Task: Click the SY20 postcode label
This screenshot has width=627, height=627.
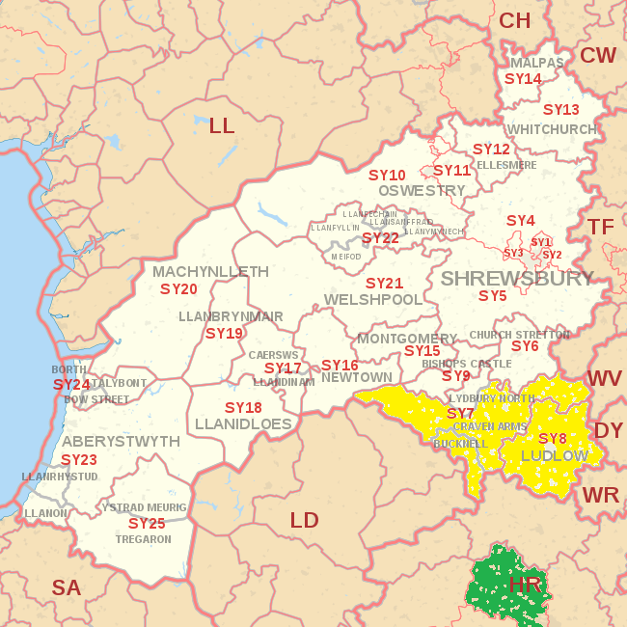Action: coord(178,288)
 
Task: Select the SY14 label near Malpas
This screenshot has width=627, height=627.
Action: coord(523,78)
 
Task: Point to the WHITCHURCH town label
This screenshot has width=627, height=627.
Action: coord(552,129)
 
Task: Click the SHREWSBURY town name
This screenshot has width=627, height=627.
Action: coord(517,279)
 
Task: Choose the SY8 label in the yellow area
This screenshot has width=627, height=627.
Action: coord(552,438)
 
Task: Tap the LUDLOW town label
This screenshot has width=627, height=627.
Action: coord(555,455)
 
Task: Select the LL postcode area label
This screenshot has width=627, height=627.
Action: coord(222,125)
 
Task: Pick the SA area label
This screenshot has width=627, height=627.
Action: coord(67,587)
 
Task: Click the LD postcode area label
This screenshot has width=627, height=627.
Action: coord(304,521)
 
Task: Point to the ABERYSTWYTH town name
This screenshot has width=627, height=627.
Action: coord(121,441)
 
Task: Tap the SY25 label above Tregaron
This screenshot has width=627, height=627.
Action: coord(147,523)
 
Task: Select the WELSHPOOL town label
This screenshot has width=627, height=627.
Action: coord(373,300)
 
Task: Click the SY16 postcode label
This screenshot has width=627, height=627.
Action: coord(340,365)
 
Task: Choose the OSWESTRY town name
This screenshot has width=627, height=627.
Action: coord(422,191)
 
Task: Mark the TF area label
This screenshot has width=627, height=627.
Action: coord(601,227)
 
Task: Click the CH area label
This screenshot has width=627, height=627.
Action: coord(514,20)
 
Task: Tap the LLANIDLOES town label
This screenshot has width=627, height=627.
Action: coord(243,423)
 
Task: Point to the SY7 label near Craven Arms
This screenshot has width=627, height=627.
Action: coord(460,413)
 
